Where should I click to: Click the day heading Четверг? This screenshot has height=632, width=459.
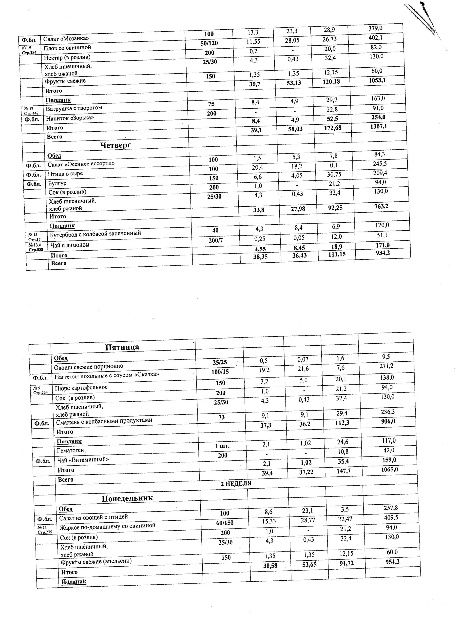coord(115,145)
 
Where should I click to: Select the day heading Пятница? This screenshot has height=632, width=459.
coord(122,347)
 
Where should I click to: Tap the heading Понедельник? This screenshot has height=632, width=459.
coord(127,498)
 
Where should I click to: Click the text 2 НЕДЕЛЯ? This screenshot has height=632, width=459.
coord(236,483)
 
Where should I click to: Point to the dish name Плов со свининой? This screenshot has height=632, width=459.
coord(67,48)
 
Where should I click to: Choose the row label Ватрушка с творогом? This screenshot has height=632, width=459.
coord(74,108)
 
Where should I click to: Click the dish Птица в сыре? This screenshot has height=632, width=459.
coord(65,174)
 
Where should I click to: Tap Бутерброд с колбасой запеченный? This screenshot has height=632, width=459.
coord(95,234)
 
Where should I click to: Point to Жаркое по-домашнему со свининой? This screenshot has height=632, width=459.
coord(107,526)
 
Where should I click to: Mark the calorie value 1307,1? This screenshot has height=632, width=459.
coord(379,126)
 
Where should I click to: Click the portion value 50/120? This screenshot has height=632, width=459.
coord(209,43)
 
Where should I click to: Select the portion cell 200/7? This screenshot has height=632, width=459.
coord(216,240)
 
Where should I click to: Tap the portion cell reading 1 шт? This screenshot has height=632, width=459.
coord(222,446)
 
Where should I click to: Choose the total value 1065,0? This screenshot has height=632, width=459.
coord(389,470)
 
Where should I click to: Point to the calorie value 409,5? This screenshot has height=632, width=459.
coord(391,517)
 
